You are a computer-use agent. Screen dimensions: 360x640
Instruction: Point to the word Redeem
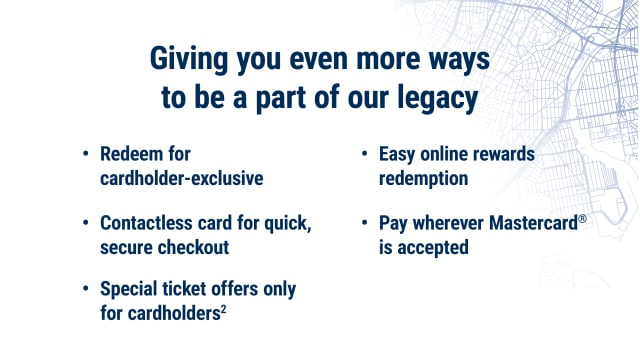[x=134, y=155]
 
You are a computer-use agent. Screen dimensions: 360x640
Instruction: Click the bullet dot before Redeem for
[x=85, y=156]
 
